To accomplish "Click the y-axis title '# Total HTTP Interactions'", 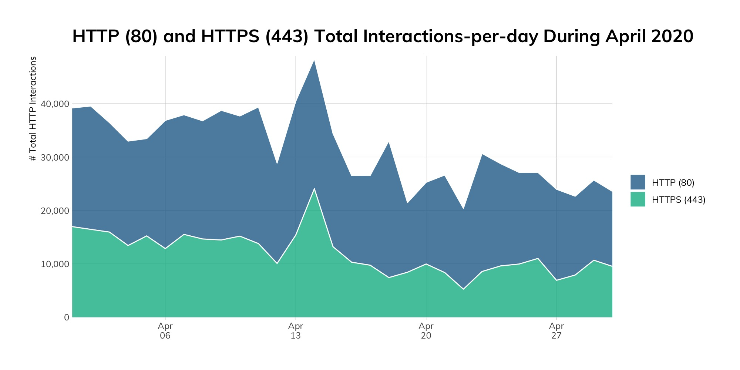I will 33,109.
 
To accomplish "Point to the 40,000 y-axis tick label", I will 54,104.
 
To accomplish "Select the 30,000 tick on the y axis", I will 54,157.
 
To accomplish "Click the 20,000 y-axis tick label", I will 54,211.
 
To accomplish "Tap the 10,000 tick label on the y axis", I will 54,264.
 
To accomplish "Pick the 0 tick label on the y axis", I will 66,317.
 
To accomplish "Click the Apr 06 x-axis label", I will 165,331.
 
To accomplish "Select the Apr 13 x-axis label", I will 296,331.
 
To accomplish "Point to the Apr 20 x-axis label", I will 426,331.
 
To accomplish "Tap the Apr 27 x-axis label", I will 556,331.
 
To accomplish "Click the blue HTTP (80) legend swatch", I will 638,182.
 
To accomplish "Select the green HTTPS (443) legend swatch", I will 638,199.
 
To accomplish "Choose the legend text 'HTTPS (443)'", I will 679,200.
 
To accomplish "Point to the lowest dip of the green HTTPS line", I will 463,289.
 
